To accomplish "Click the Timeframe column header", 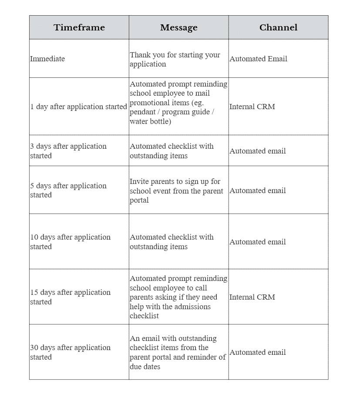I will (x=79, y=27).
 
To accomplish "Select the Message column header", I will (x=178, y=27).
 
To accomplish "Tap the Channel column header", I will (x=278, y=27).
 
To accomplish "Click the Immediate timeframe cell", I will (x=47, y=59).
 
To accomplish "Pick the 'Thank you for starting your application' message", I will (x=175, y=60).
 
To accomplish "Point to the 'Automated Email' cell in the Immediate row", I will (x=258, y=59).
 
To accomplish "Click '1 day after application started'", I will (x=78, y=107).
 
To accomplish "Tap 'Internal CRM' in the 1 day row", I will (x=252, y=107).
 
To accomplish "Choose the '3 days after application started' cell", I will (x=68, y=151).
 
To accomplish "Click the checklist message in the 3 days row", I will (x=172, y=151).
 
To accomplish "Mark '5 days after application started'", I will (x=68, y=190).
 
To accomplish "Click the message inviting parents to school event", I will (x=176, y=191).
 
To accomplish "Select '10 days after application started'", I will (x=70, y=242).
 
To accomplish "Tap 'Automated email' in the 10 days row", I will (x=258, y=242).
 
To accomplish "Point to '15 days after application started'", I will (x=70, y=297).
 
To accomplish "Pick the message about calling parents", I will (x=178, y=297).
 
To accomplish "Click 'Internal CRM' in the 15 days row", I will (x=252, y=297).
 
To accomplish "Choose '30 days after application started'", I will (x=70, y=352).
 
